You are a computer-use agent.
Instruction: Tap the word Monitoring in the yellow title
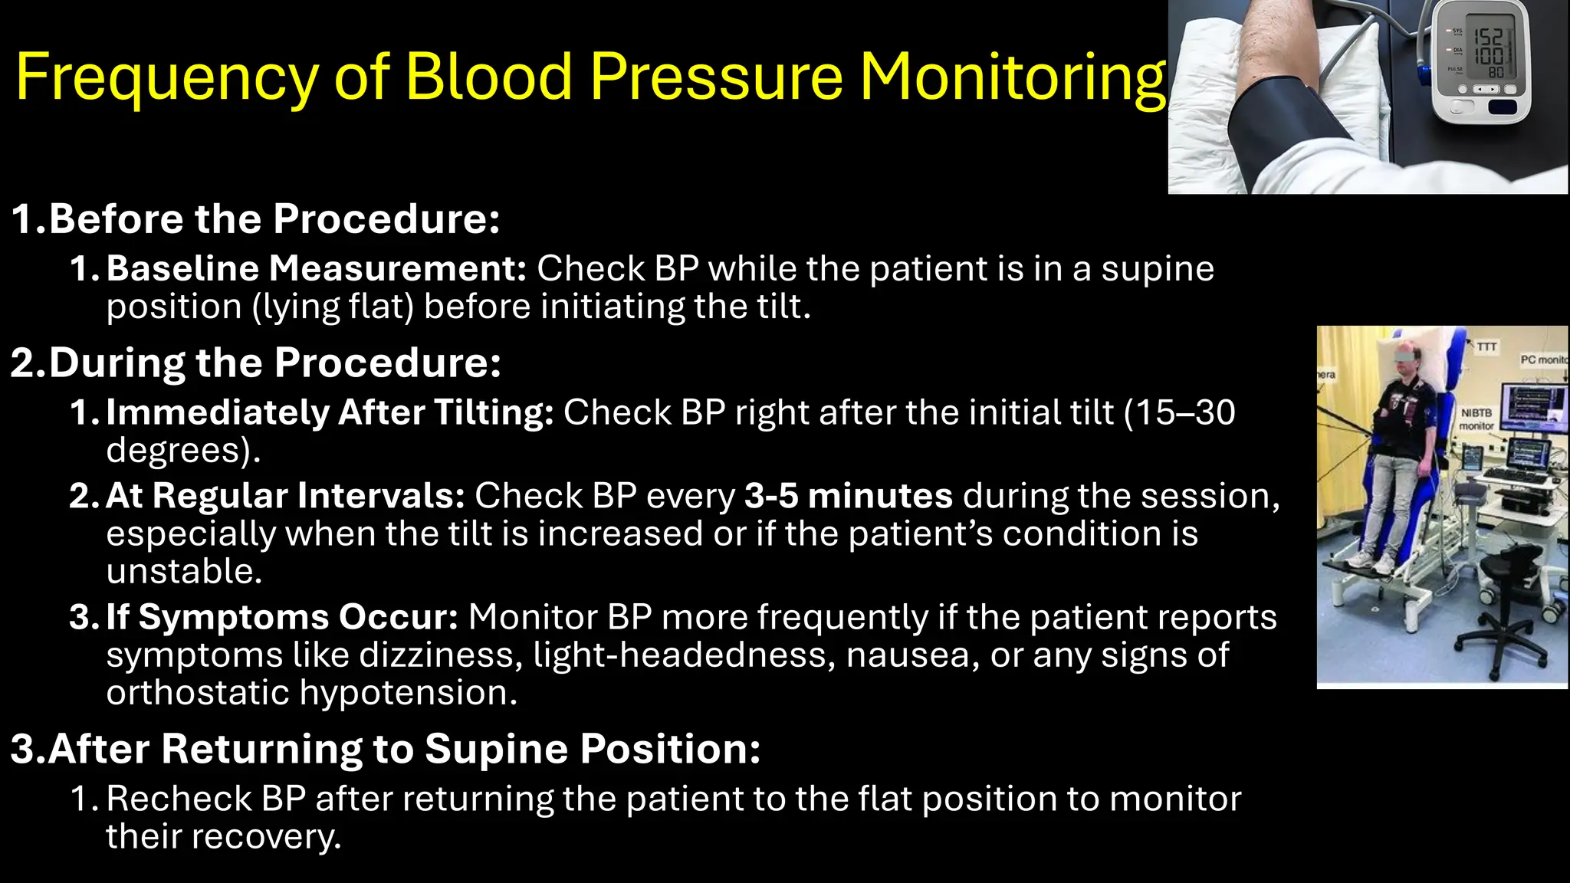pos(1012,78)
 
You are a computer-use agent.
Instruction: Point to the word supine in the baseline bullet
pos(1158,269)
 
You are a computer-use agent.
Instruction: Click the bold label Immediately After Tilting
pos(330,412)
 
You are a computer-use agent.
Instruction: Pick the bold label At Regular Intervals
pos(285,496)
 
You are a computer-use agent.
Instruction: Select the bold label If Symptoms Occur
pos(281,617)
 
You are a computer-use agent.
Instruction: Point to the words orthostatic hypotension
pos(310,693)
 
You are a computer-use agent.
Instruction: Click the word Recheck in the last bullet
pos(178,799)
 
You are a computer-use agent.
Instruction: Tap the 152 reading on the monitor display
pos(1489,37)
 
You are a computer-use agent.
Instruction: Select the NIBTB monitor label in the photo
pos(1476,419)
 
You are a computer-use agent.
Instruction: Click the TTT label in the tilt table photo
pos(1486,346)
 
